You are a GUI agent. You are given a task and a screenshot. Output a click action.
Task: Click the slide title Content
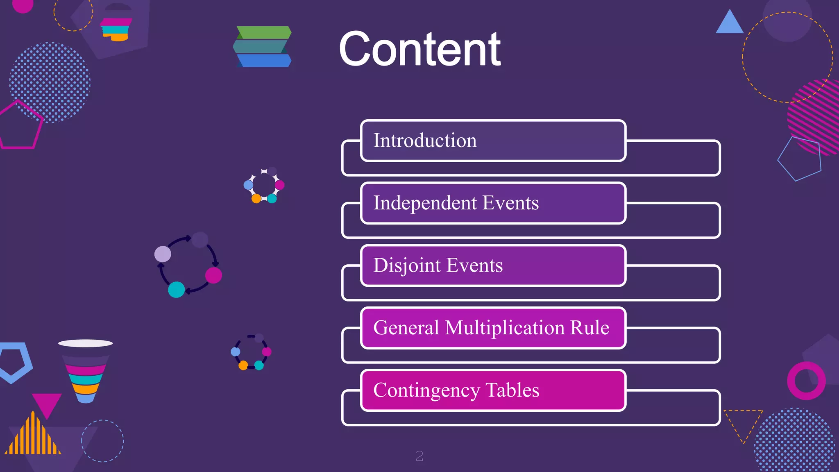pyautogui.click(x=419, y=49)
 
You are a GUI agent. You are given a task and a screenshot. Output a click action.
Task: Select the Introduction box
pyautogui.click(x=493, y=141)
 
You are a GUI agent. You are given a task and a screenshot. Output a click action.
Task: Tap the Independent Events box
pyautogui.click(x=493, y=203)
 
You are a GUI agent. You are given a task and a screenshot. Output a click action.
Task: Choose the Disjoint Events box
pyautogui.click(x=493, y=265)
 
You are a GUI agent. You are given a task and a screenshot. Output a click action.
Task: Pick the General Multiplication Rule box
pyautogui.click(x=493, y=328)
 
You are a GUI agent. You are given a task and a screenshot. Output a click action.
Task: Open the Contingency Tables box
pyautogui.click(x=493, y=390)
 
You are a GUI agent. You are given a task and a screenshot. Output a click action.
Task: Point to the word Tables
pyautogui.click(x=512, y=390)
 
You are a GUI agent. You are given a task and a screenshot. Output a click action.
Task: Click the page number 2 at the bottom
pyautogui.click(x=419, y=456)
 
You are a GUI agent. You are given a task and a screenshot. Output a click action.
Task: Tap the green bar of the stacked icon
pyautogui.click(x=264, y=32)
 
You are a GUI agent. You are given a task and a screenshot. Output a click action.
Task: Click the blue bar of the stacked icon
pyautogui.click(x=264, y=61)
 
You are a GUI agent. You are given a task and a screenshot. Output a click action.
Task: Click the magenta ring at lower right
pyautogui.click(x=806, y=381)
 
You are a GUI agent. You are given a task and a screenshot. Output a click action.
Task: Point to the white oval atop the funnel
pyautogui.click(x=85, y=343)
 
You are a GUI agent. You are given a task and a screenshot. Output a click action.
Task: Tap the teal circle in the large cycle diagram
pyautogui.click(x=176, y=289)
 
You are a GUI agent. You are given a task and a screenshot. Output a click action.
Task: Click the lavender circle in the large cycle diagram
pyautogui.click(x=163, y=254)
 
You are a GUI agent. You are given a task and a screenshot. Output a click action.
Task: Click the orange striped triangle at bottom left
pyautogui.click(x=33, y=436)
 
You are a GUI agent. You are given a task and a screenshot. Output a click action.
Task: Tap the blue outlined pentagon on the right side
pyautogui.click(x=800, y=159)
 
